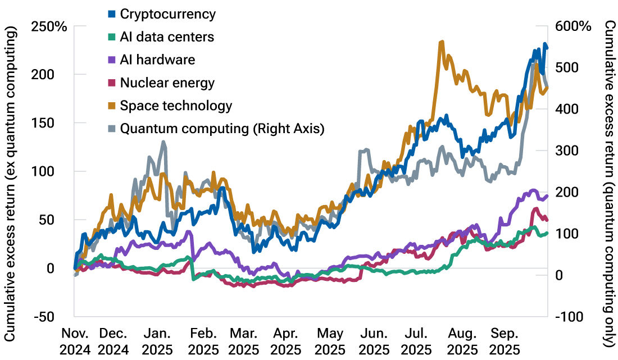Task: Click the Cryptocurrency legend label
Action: click(x=167, y=14)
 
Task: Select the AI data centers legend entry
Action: click(x=167, y=37)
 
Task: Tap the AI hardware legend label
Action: click(x=157, y=60)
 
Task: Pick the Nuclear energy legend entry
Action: click(x=167, y=83)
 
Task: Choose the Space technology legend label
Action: click(x=176, y=106)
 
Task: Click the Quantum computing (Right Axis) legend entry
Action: click(x=222, y=129)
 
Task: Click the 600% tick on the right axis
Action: click(x=570, y=26)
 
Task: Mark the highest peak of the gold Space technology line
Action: click(x=442, y=42)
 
